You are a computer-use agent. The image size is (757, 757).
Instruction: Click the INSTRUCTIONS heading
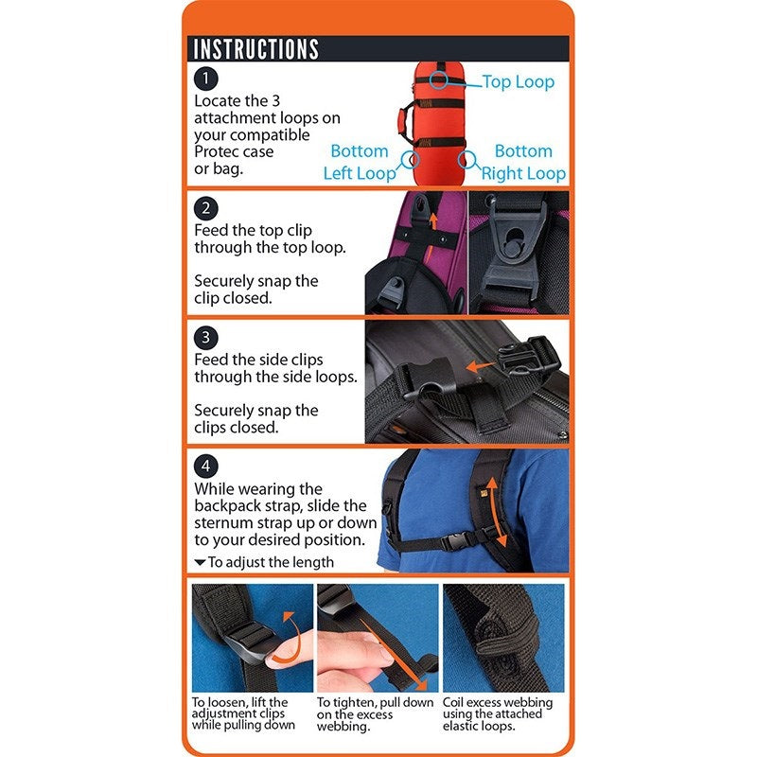point(255,49)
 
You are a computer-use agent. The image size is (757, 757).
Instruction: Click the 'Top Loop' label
point(518,82)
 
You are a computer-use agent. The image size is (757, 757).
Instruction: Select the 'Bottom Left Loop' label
point(359,162)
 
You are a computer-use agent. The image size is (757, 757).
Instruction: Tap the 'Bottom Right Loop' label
point(523,162)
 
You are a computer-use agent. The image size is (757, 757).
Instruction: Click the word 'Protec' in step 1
point(219,151)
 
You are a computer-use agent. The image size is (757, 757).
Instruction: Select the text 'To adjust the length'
point(271,562)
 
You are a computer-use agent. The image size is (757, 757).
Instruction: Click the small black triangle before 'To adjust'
point(200,562)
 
